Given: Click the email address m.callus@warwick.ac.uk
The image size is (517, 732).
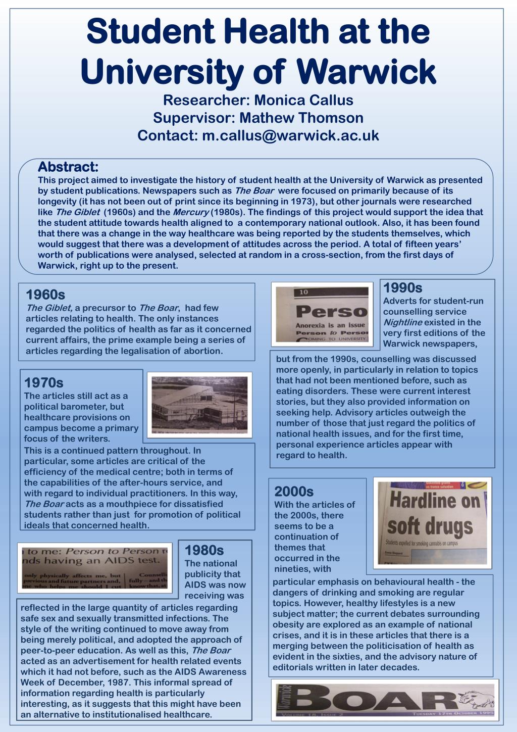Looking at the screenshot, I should tap(290, 136).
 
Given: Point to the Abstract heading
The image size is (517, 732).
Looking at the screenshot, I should tap(68, 167).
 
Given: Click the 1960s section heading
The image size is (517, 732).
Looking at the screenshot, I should tap(45, 295).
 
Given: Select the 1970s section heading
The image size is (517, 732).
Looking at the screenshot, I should tap(44, 383).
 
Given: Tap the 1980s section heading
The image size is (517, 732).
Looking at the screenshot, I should tap(204, 550).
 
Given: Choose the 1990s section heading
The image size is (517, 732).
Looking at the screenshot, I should tap(403, 288).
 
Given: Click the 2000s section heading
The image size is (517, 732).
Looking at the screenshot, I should tap(294, 492).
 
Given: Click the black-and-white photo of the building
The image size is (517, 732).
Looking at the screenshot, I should tap(199, 406).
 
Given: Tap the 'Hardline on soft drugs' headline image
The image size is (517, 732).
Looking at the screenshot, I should tap(432, 522).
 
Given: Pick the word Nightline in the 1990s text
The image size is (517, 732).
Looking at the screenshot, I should tap(403, 322).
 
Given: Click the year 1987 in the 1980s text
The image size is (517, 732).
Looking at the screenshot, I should tap(120, 682).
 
